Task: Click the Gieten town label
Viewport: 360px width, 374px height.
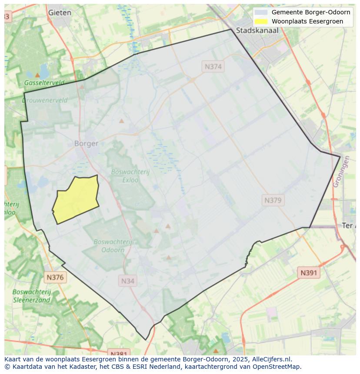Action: click(x=60, y=13)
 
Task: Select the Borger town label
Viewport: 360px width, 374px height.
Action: click(x=86, y=143)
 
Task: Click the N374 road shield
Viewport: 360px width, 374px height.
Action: click(x=213, y=66)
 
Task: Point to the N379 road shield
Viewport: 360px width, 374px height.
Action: click(x=273, y=200)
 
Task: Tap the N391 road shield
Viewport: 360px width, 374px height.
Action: click(x=309, y=273)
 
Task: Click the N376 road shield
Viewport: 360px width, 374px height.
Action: click(x=55, y=277)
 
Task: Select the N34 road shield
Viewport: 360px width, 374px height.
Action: click(x=127, y=281)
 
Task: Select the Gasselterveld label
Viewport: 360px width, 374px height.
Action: click(x=44, y=83)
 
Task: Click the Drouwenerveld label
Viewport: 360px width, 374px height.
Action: click(x=44, y=100)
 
